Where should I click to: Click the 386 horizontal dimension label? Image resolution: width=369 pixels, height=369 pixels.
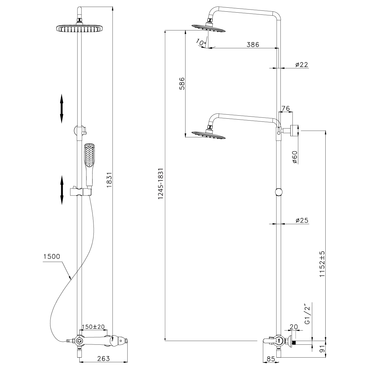coord(253,45)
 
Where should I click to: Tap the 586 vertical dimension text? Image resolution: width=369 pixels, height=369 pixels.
coord(182,83)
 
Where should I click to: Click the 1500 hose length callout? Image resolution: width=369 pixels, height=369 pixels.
coord(51,256)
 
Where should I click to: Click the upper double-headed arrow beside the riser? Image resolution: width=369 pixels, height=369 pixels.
coord(61,109)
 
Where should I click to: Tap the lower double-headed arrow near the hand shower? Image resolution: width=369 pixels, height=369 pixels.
coord(61,190)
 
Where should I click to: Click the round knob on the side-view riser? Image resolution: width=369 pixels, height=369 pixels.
coord(278,192)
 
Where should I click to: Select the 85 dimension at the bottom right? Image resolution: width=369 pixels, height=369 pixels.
coord(271,359)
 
